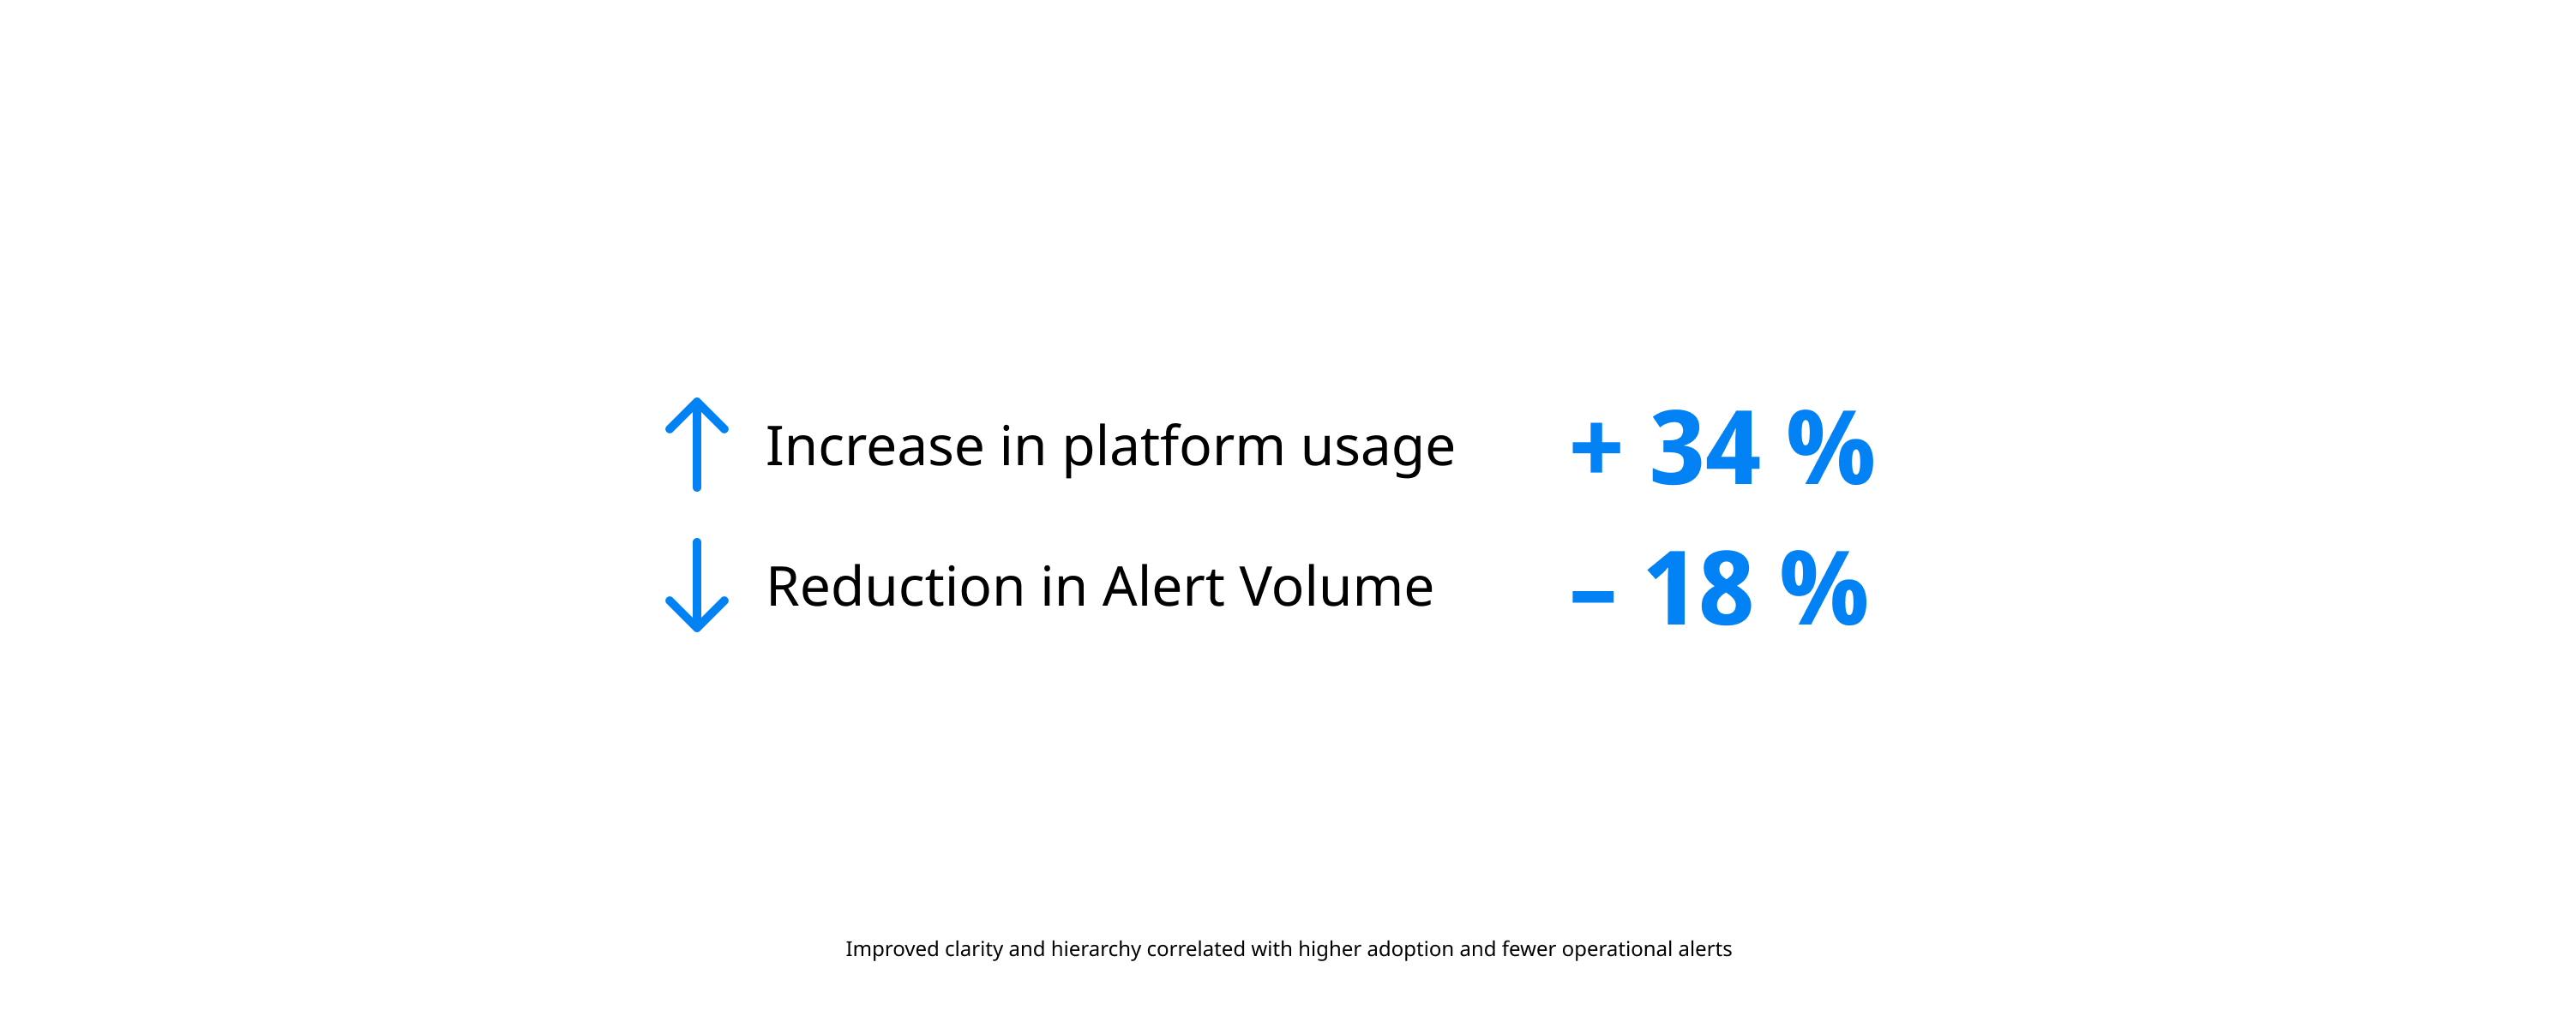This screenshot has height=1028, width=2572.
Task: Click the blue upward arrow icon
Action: click(x=697, y=444)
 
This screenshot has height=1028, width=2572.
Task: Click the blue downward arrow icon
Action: click(x=697, y=585)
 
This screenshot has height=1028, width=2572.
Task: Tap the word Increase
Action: click(x=874, y=445)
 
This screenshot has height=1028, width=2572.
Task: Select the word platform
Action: click(x=1173, y=447)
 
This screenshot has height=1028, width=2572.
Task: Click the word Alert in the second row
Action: click(x=1163, y=586)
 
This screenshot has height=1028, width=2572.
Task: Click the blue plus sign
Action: click(x=1595, y=449)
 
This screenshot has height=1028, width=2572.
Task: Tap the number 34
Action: click(x=1704, y=448)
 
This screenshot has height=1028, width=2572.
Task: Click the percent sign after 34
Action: click(x=1830, y=447)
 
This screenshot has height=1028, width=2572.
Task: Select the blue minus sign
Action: click(x=1593, y=598)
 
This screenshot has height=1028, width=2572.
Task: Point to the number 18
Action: click(x=1698, y=589)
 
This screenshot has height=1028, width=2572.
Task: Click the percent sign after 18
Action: click(x=1824, y=588)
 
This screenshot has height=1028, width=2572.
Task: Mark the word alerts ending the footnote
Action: click(x=1704, y=949)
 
